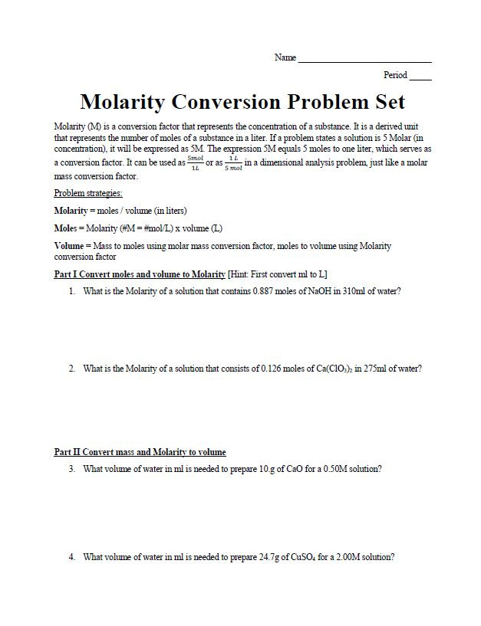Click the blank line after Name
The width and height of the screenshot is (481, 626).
coord(364,60)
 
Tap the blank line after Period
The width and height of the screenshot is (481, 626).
coord(420,77)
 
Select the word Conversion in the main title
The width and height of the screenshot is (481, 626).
coord(241,102)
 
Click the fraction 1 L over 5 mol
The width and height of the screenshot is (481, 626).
coord(233,163)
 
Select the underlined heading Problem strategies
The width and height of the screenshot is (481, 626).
coord(88,193)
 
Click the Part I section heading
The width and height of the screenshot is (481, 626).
coord(140,274)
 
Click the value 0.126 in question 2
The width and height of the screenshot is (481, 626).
coord(274,369)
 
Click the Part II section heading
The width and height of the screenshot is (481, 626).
coord(140,452)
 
